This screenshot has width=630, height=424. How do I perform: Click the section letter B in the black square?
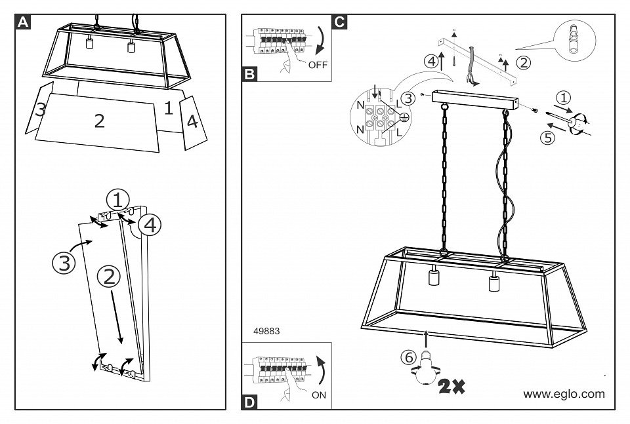(x=250, y=73)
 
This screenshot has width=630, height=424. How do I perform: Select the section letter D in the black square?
(x=250, y=402)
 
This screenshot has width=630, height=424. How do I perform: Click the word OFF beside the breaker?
(x=318, y=65)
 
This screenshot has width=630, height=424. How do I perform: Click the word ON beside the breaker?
(x=318, y=395)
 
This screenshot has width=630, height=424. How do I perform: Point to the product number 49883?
(x=266, y=332)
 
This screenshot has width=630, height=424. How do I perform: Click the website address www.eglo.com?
(x=564, y=394)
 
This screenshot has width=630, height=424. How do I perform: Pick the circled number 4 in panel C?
(x=431, y=62)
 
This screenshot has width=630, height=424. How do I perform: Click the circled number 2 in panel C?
(x=523, y=63)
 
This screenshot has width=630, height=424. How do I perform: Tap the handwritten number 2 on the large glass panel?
(x=99, y=121)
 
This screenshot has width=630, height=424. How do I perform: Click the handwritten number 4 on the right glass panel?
(x=192, y=122)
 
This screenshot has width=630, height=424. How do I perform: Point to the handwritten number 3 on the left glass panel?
(x=41, y=109)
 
